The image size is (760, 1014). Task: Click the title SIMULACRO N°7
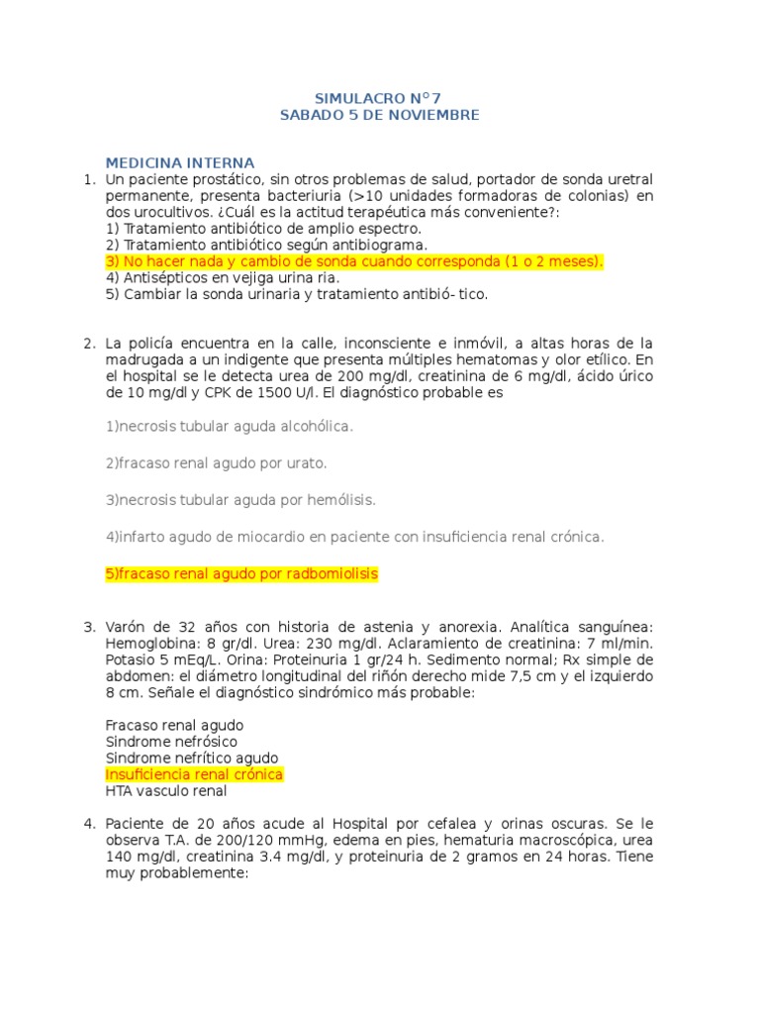(x=379, y=98)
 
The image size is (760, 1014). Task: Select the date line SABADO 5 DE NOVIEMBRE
(x=379, y=115)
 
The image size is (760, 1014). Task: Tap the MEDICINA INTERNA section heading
(x=180, y=162)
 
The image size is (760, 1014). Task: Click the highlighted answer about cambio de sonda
(x=353, y=261)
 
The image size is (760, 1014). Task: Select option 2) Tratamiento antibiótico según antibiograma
(x=266, y=245)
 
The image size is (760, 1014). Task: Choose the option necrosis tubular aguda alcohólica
(x=229, y=426)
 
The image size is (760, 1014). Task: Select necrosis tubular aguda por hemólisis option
(x=240, y=499)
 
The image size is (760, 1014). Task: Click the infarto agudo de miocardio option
(x=354, y=537)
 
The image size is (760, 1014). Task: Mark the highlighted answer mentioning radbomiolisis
(x=241, y=574)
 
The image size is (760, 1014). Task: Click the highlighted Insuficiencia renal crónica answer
(x=194, y=774)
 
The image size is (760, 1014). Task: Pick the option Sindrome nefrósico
(x=171, y=741)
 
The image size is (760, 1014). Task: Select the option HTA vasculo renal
(x=166, y=791)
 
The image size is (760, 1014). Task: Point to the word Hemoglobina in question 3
(x=145, y=644)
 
